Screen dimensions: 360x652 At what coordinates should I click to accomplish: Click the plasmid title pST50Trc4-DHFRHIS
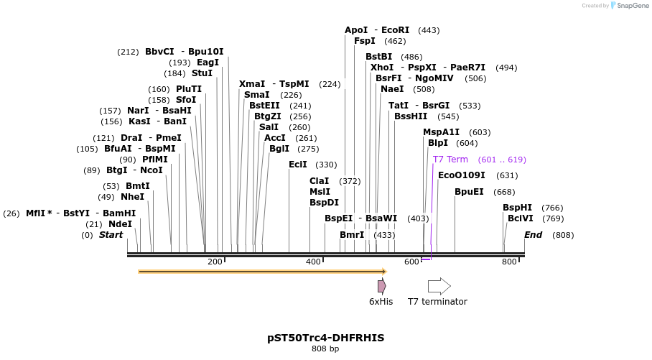coord(325,337)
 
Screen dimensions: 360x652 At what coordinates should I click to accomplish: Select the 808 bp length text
coord(325,349)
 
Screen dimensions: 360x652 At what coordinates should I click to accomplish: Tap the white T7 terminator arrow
coord(439,286)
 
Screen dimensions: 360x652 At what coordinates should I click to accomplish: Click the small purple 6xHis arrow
coord(381,286)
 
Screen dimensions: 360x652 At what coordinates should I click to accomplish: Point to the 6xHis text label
coord(381,302)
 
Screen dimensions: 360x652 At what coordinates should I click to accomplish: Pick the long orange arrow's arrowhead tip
coord(386,272)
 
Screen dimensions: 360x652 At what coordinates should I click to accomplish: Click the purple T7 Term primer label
coord(450,160)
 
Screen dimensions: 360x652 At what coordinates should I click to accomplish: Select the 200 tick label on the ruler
coord(215,262)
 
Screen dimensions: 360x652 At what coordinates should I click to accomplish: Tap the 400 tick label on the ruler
coord(313,262)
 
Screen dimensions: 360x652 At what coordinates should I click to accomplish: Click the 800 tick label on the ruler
coord(509,262)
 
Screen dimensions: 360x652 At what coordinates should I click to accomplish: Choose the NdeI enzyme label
coord(121,224)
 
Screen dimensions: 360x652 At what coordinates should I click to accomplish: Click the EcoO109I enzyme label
coord(462,175)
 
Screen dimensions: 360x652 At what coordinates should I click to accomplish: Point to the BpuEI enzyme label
coord(469,192)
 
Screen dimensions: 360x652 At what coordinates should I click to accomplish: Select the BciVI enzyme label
coord(521,218)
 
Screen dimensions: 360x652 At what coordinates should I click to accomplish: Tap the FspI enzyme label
coord(365,41)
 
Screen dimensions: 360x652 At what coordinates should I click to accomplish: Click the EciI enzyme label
coord(298,165)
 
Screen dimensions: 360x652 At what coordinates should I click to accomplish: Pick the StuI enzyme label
coord(202,73)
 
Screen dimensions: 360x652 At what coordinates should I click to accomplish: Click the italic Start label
coord(111,235)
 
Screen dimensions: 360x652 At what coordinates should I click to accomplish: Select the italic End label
coord(534,235)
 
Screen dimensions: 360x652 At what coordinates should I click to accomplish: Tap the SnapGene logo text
coord(630,6)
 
